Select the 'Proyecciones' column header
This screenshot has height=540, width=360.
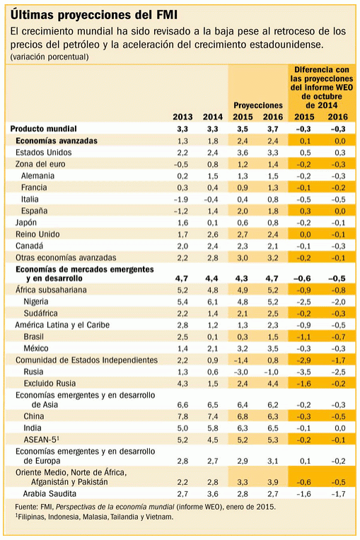pyautogui.click(x=257, y=105)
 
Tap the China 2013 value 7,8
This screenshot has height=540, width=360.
pyautogui.click(x=182, y=416)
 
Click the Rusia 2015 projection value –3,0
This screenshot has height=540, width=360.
pyautogui.click(x=243, y=371)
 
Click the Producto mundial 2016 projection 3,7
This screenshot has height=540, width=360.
pyautogui.click(x=272, y=129)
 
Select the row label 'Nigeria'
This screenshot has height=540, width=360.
pyautogui.click(x=36, y=302)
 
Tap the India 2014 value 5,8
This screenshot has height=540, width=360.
pyautogui.click(x=212, y=427)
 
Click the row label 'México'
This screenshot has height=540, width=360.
pyautogui.click(x=36, y=348)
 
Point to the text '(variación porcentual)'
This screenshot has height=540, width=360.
pyautogui.click(x=50, y=57)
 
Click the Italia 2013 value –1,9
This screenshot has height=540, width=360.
pyautogui.click(x=181, y=199)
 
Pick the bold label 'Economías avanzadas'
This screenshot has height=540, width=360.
pyautogui.click(x=57, y=141)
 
